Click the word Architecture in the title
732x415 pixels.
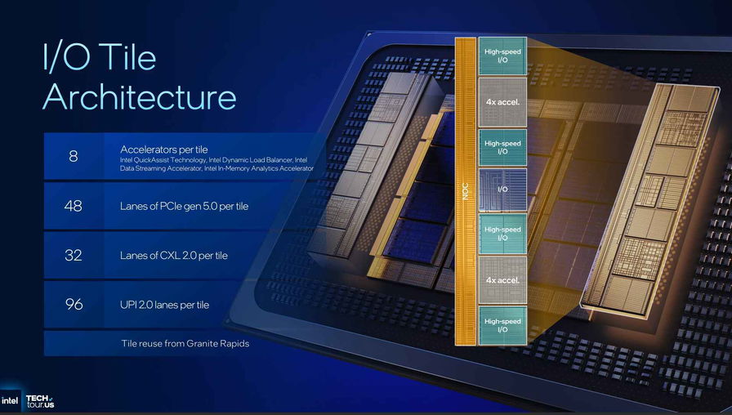point(139,96)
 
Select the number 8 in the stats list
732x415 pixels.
point(74,156)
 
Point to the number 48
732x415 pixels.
point(74,205)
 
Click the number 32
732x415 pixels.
point(74,255)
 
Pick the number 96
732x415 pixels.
point(74,305)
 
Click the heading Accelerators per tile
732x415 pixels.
point(164,149)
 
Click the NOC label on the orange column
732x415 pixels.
point(465,191)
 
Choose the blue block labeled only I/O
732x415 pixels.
point(502,190)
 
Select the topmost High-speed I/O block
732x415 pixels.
point(502,56)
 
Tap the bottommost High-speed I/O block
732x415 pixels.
point(502,325)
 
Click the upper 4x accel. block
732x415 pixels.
point(502,102)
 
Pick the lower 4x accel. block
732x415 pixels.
point(502,280)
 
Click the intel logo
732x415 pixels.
point(10,401)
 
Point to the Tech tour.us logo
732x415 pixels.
point(40,401)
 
